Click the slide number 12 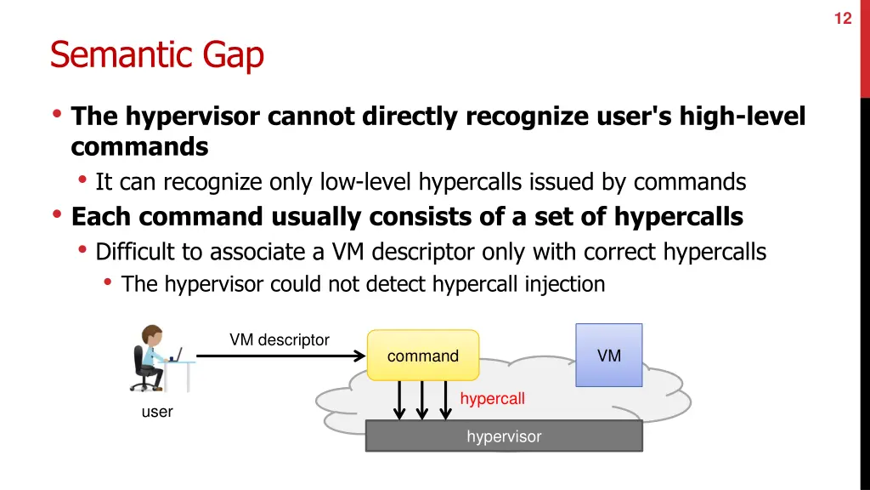coord(842,18)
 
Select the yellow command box coord(423,356)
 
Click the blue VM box coord(608,356)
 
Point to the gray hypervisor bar coord(503,436)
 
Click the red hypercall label coord(492,398)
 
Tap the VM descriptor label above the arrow coord(279,339)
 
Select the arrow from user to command coord(280,356)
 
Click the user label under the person coord(157,412)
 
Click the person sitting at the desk coord(150,357)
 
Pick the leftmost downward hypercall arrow coord(398,401)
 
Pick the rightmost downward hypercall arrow coord(445,401)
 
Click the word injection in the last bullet coord(566,284)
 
